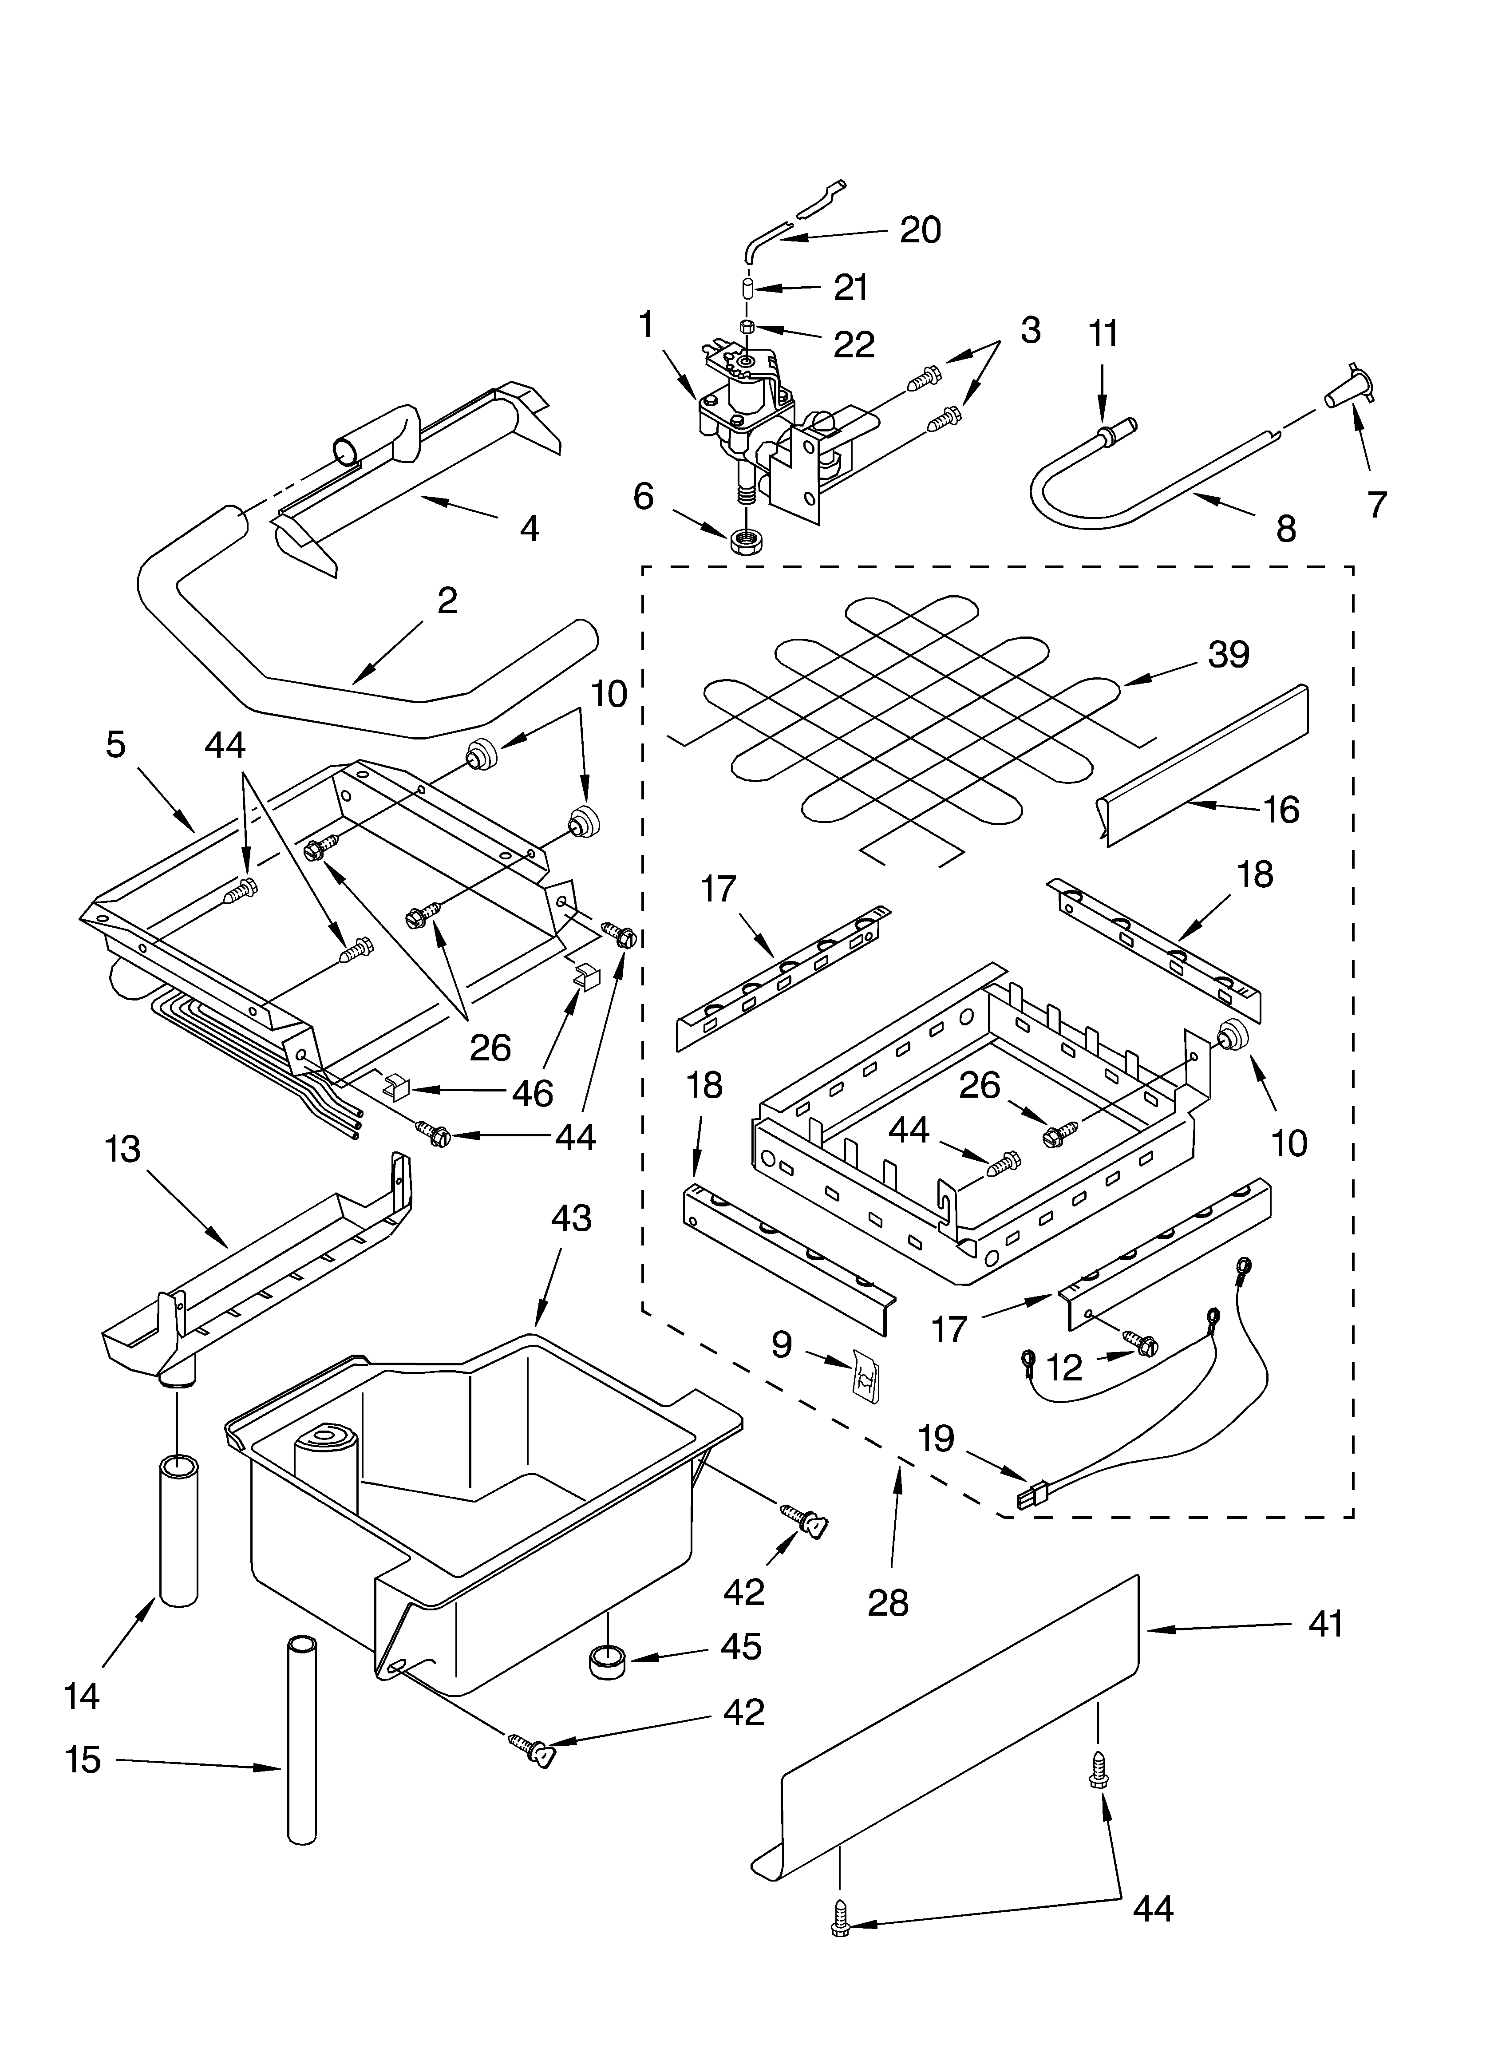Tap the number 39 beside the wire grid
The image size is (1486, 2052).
[x=1228, y=654]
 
